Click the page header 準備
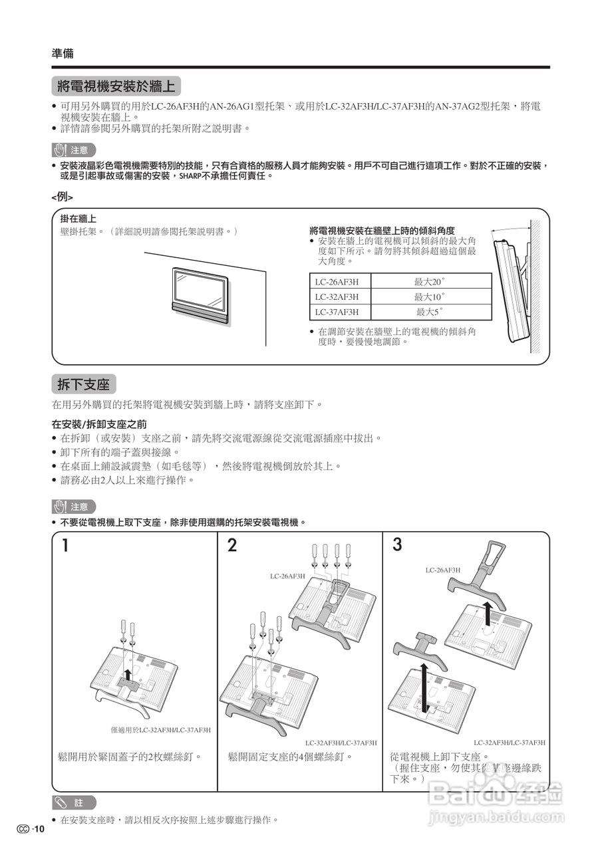(x=63, y=54)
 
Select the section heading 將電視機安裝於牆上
(x=116, y=86)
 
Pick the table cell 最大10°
(x=430, y=297)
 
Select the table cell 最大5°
(x=430, y=312)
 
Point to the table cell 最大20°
(x=430, y=281)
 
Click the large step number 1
(x=66, y=546)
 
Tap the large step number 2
(x=232, y=546)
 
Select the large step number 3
(x=397, y=545)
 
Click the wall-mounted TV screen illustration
(x=199, y=289)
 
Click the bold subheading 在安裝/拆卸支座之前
(x=99, y=424)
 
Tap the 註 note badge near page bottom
(x=75, y=802)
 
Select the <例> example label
(x=62, y=197)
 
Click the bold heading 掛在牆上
(x=78, y=219)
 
